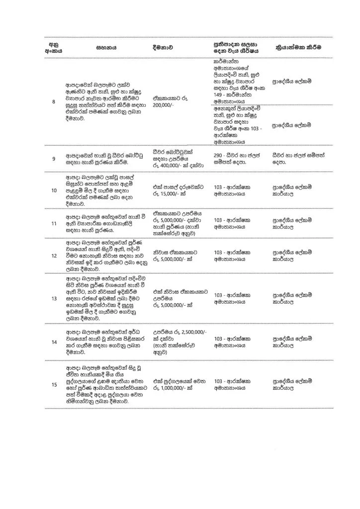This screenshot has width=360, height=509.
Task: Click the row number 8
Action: (x=53, y=102)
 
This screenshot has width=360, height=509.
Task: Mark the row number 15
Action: (x=53, y=383)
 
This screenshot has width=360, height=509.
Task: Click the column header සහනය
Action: (x=106, y=48)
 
